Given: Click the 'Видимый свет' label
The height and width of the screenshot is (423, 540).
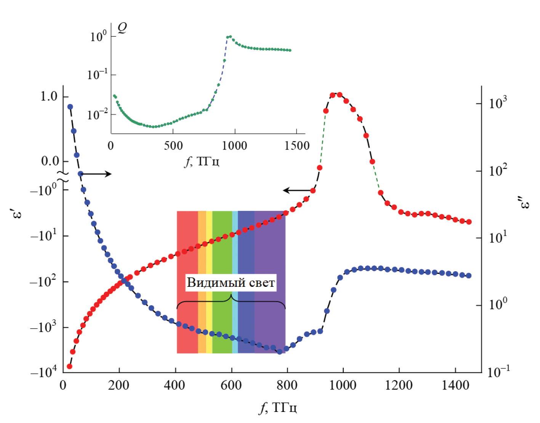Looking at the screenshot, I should pyautogui.click(x=231, y=283).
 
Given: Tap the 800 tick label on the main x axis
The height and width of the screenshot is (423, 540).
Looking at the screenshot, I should pyautogui.click(x=287, y=385).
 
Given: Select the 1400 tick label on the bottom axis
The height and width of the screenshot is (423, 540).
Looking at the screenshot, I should pyautogui.click(x=455, y=385).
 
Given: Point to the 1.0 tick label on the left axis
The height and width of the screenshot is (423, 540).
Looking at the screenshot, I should pyautogui.click(x=49, y=96).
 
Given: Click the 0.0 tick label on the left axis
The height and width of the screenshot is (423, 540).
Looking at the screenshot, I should pyautogui.click(x=50, y=161).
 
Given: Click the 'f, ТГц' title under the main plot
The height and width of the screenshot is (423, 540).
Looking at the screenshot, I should pyautogui.click(x=278, y=408).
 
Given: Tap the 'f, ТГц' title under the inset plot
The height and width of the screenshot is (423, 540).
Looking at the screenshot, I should pyautogui.click(x=202, y=161).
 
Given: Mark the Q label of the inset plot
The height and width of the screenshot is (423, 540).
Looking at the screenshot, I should pyautogui.click(x=122, y=27).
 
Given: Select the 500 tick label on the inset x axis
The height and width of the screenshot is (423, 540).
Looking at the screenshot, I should pyautogui.click(x=173, y=146).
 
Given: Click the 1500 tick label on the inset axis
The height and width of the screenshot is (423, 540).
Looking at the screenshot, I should pyautogui.click(x=297, y=146).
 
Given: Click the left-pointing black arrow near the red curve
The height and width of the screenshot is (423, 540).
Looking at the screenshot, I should pyautogui.click(x=298, y=190).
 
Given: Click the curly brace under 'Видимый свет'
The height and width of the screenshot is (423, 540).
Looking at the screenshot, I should pyautogui.click(x=231, y=301).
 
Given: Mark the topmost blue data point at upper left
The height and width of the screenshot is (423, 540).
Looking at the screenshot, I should pyautogui.click(x=70, y=107).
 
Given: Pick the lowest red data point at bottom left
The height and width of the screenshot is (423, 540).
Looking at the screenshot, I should pyautogui.click(x=69, y=366).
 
